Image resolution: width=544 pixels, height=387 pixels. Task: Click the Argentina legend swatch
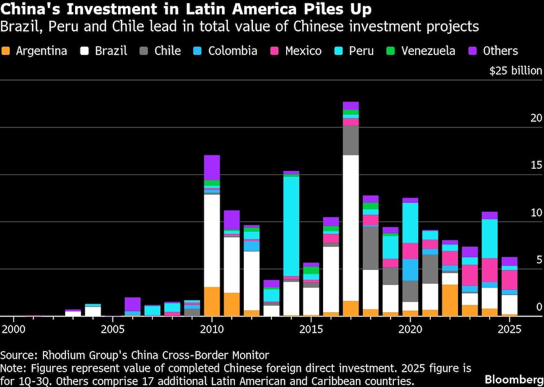click(x=6, y=51)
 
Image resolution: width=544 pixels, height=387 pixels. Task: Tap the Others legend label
click(x=499, y=51)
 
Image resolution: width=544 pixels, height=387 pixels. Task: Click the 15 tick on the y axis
click(x=536, y=165)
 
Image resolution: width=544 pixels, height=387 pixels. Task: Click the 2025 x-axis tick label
click(x=510, y=329)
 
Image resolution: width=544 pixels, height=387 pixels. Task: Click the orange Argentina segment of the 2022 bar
click(x=450, y=300)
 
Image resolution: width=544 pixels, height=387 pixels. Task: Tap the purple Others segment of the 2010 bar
click(x=212, y=167)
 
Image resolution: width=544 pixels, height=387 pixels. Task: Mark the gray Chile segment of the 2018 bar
click(x=370, y=248)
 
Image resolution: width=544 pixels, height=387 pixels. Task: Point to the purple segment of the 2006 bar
click(x=133, y=304)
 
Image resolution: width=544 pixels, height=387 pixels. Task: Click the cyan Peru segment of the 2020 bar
click(x=410, y=223)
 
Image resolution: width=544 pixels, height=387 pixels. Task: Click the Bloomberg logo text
click(x=513, y=377)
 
